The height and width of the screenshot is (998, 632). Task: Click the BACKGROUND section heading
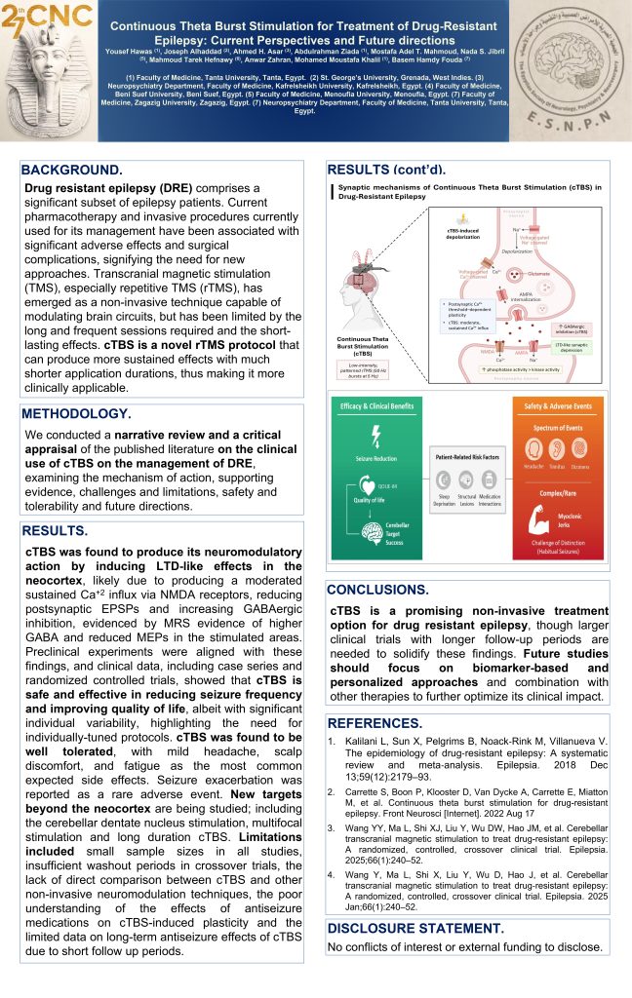[72, 170]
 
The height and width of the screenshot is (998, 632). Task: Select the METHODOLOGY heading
[78, 413]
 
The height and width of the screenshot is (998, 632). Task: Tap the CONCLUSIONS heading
[377, 590]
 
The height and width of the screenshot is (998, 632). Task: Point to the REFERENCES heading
[373, 723]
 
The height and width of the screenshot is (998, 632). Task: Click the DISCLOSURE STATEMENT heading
[415, 928]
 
